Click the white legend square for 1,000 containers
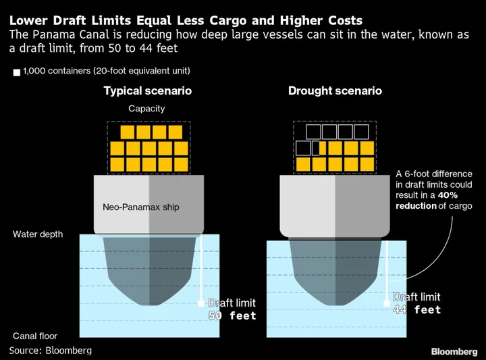[17, 72]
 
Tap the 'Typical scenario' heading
[148, 91]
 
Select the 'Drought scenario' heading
[335, 91]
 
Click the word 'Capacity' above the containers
[146, 109]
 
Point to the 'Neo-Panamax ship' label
[141, 207]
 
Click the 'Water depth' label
[38, 234]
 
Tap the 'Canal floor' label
[35, 336]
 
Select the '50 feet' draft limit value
[232, 315]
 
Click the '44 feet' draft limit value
[417, 309]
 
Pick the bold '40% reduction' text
[427, 201]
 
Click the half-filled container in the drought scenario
[319, 148]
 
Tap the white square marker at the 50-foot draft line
[201, 303]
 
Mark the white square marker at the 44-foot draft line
[387, 303]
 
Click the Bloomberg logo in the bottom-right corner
[454, 352]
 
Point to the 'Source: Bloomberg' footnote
[51, 351]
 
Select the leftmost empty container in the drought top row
[313, 132]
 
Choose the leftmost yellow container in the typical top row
[128, 132]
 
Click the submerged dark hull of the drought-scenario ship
[335, 269]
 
